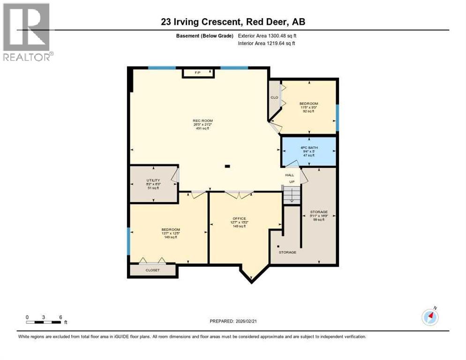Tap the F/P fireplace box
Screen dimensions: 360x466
(198, 73)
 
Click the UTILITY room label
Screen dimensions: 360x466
(153, 180)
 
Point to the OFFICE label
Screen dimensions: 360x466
(239, 218)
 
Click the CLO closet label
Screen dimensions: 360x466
(274, 97)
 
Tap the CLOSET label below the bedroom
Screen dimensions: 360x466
(152, 270)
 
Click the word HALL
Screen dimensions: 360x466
(290, 175)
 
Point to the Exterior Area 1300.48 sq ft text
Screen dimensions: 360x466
(267, 36)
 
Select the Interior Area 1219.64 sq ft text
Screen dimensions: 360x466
(266, 44)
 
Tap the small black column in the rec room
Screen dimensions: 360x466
(227, 165)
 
